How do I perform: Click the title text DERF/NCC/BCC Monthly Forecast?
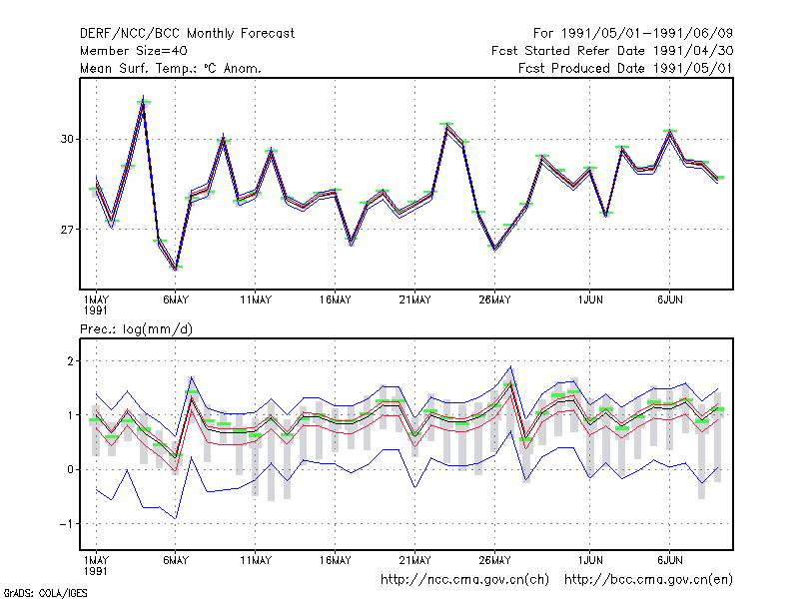[187, 34]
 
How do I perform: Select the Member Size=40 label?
[134, 51]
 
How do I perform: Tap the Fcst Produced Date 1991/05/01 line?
[626, 68]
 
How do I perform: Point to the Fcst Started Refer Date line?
[612, 51]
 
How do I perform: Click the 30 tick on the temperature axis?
[67, 139]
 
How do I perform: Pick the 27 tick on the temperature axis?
[67, 230]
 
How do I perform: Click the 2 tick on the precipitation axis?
[70, 361]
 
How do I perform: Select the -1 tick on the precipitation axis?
[67, 523]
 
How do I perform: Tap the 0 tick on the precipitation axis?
[70, 469]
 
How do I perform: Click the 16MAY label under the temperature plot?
[336, 300]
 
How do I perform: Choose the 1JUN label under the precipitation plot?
[590, 560]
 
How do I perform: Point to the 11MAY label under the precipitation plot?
[256, 560]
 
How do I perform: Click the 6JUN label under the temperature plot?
[669, 300]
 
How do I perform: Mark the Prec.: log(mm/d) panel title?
[136, 329]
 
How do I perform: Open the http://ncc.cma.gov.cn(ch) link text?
[464, 580]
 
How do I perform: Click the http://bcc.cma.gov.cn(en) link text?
[648, 580]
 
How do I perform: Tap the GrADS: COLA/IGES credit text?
[45, 593]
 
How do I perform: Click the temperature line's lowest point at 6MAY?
[176, 269]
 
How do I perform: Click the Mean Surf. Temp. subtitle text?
[171, 68]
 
